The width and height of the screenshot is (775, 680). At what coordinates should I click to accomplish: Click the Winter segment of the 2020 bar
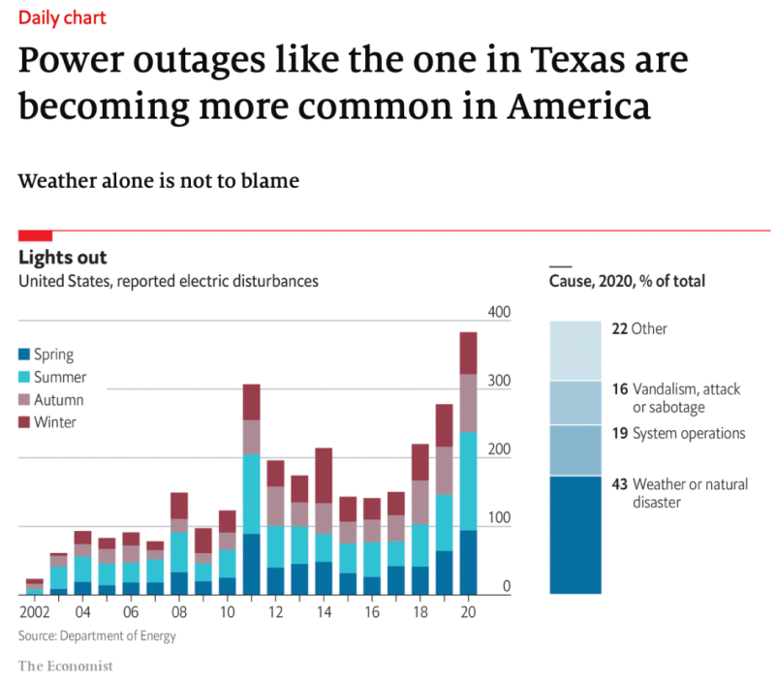pos(469,353)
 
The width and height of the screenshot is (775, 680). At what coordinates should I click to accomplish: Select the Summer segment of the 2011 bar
pos(251,494)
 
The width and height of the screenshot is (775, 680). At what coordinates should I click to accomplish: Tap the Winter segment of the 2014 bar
pos(323,475)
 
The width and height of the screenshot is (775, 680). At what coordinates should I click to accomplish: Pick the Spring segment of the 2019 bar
pos(445,572)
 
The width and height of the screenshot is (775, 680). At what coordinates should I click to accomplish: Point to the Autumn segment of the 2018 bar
pos(420,503)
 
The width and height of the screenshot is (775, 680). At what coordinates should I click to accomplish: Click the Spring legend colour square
pos(25,355)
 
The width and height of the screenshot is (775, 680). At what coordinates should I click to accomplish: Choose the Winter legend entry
pos(54,421)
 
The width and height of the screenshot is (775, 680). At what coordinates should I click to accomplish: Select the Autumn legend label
pos(58,399)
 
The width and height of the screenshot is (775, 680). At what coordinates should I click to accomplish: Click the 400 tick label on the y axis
pos(498,312)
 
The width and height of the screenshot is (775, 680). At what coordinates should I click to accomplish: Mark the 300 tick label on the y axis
pos(498,381)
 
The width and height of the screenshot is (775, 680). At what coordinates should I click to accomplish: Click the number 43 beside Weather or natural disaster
pos(620,484)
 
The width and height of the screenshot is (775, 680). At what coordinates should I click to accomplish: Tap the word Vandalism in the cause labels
pos(665,389)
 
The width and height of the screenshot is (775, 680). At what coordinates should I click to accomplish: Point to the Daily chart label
pos(63,17)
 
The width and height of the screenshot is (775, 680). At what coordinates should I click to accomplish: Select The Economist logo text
pos(66,665)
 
